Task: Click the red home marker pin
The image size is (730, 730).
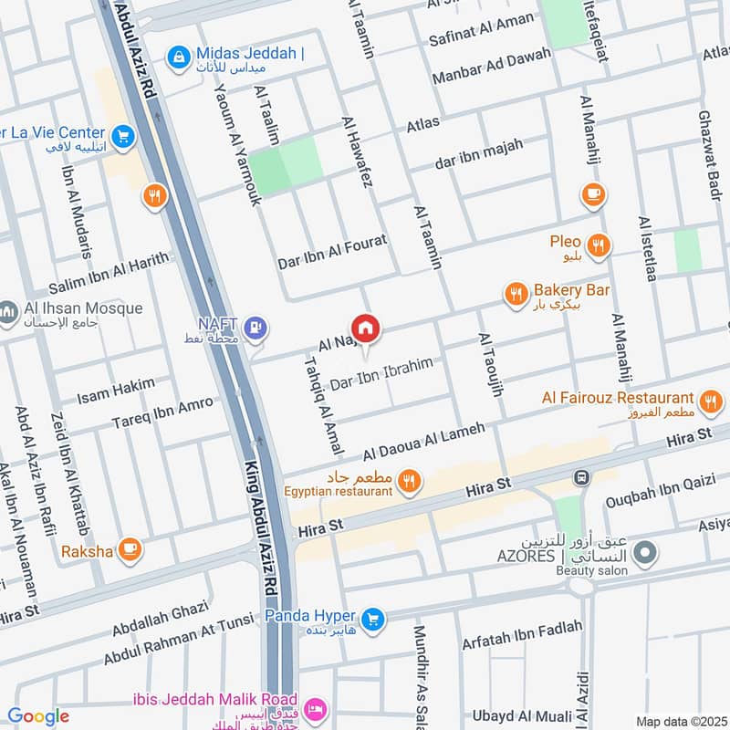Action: (365, 328)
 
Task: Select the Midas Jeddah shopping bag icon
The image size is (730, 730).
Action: (178, 57)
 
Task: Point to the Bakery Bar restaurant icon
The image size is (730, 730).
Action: (516, 293)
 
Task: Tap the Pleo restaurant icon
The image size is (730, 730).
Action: (599, 244)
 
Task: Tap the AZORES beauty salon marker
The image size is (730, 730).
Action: (646, 552)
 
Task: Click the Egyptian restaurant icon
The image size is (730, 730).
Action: (410, 481)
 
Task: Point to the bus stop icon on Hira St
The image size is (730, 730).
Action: (579, 477)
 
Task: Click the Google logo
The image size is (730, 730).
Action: (38, 716)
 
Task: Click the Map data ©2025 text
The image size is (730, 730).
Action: (679, 721)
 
